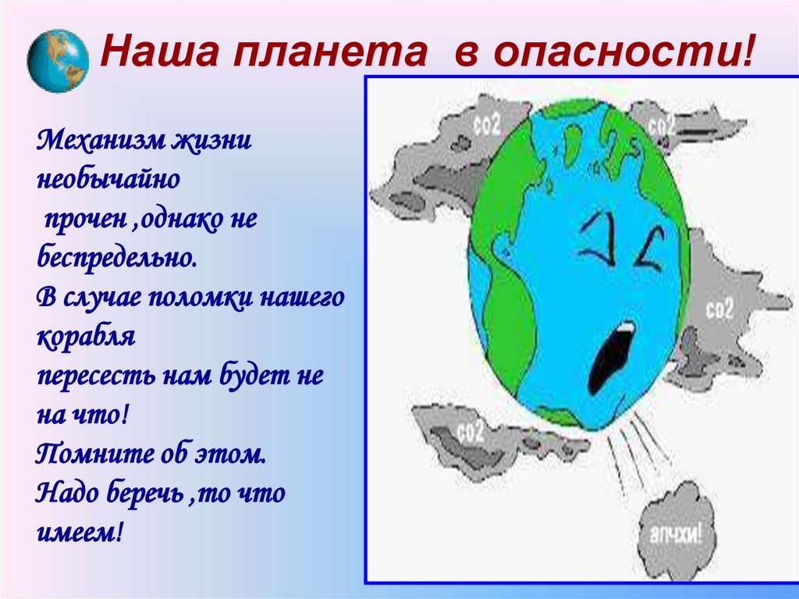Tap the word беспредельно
point(115,258)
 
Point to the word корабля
point(86,337)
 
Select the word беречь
point(140,493)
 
